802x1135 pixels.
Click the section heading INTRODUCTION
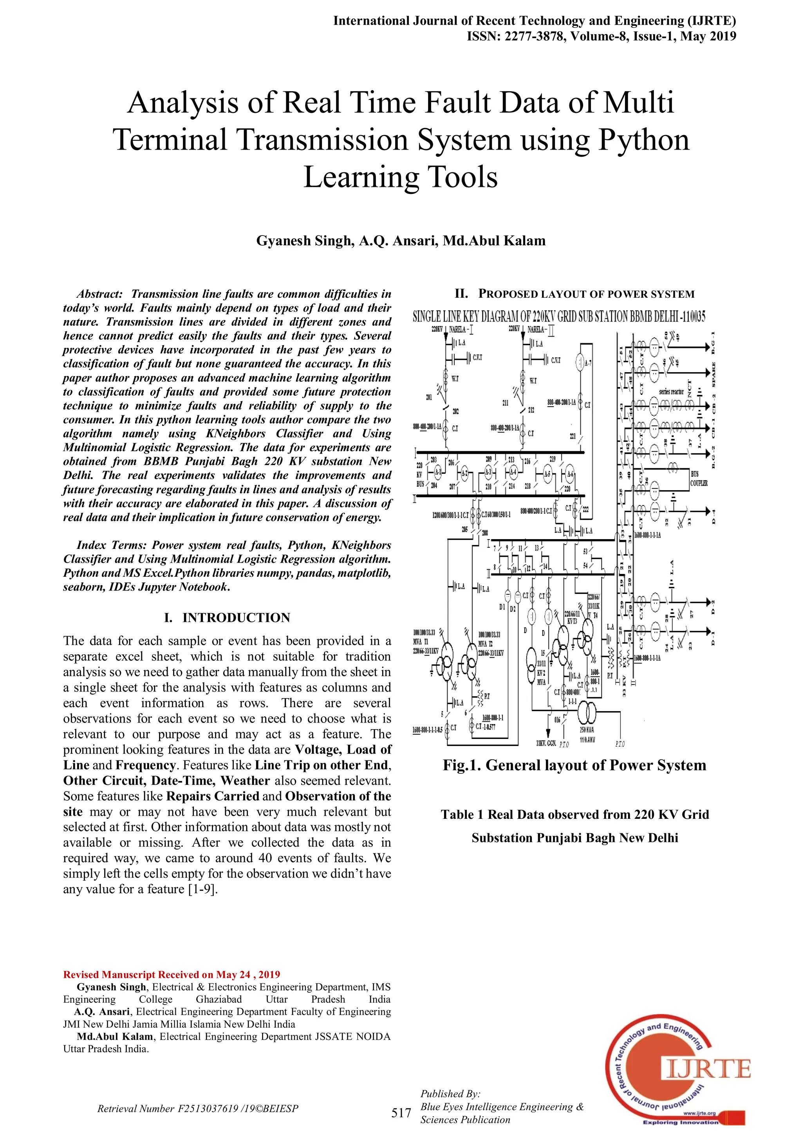click(x=236, y=617)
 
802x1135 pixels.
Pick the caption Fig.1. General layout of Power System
click(x=574, y=765)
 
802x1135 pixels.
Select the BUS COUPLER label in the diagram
click(x=699, y=478)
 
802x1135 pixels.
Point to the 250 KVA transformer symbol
click(x=587, y=713)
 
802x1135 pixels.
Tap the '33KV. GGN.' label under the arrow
click(x=547, y=743)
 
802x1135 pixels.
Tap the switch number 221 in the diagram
click(x=573, y=436)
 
